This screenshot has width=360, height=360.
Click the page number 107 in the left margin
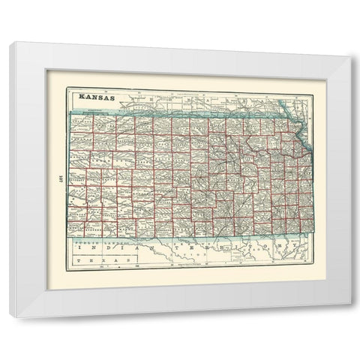point(58,178)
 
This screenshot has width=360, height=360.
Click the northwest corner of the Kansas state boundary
point(73,112)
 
